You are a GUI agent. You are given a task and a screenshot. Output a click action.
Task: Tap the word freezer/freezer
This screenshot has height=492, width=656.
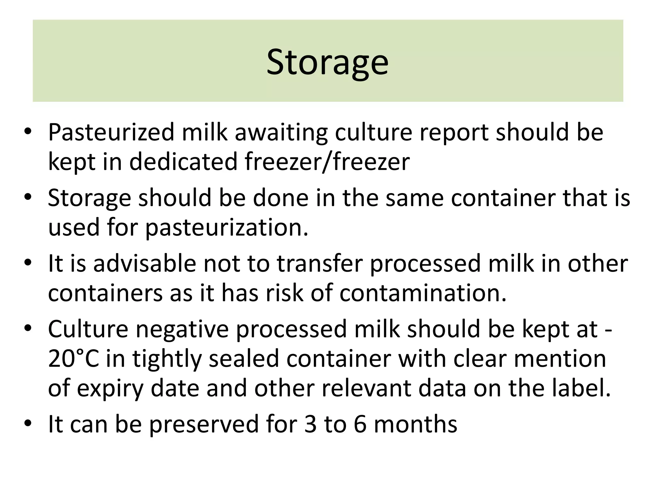[x=327, y=162]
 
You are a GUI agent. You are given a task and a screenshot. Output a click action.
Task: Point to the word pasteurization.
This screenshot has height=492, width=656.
[x=226, y=228]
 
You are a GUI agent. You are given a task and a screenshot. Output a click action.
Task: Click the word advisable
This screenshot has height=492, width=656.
[x=144, y=263]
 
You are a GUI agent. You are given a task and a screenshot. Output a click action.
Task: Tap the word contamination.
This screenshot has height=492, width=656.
[x=423, y=293]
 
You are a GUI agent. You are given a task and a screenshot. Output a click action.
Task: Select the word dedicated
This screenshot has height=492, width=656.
[x=184, y=162]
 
